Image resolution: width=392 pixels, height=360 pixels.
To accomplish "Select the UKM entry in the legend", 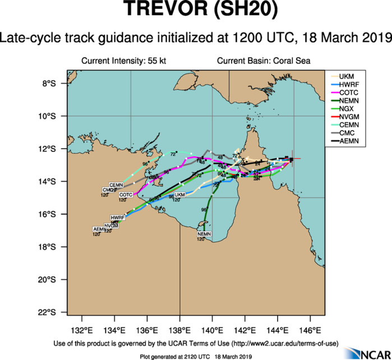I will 347,75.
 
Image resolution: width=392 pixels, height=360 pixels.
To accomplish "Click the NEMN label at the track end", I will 204,233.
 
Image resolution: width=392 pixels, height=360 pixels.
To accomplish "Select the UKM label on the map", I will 179,195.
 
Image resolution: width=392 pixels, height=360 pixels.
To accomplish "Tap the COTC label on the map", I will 126,195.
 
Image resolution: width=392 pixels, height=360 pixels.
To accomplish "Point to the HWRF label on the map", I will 117,217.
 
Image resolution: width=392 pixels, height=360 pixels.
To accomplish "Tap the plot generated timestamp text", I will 196,356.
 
